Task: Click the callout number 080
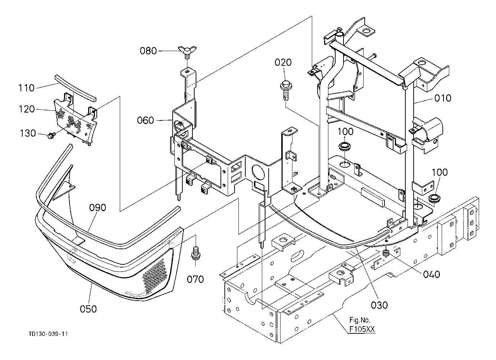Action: click(148, 51)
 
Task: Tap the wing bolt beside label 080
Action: click(187, 52)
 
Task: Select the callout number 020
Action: click(283, 63)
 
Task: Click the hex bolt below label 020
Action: click(286, 91)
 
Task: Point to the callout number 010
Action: click(443, 98)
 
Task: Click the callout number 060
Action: click(145, 120)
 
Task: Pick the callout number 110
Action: click(26, 88)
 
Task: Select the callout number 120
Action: click(27, 109)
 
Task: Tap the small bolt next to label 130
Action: click(51, 135)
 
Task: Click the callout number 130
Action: click(28, 133)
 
